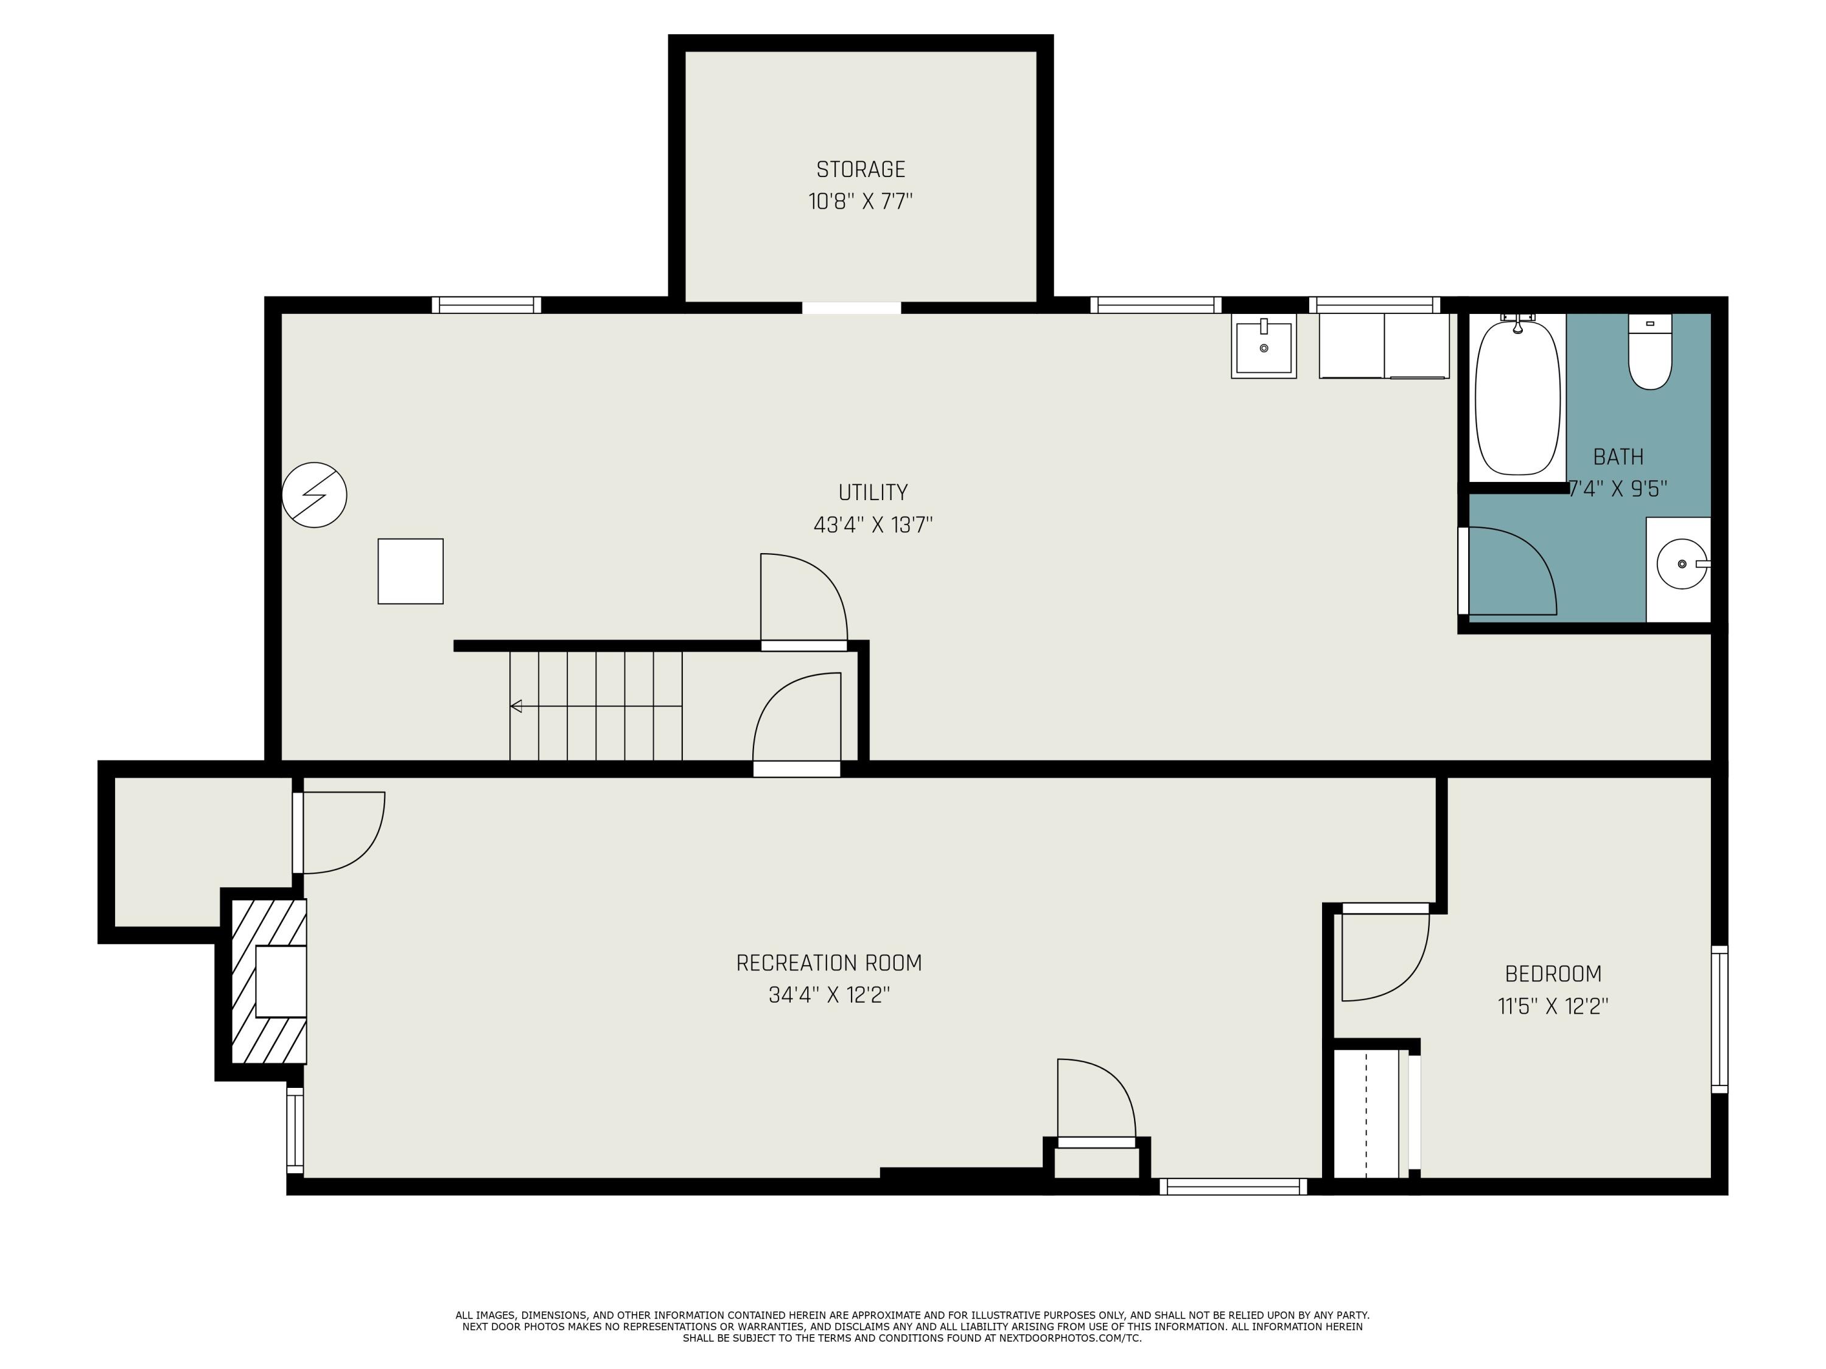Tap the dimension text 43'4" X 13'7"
pos(873,525)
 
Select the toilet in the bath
pos(1649,353)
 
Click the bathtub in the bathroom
pos(1517,398)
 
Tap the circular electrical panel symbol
pos(315,495)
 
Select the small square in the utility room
pos(410,571)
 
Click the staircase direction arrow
pos(517,706)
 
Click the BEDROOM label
pos(1553,974)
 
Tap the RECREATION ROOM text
pos(829,963)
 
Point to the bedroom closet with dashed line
pos(1366,1114)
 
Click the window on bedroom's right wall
pos(1719,1019)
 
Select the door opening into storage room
pos(851,308)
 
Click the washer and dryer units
pos(1383,346)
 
